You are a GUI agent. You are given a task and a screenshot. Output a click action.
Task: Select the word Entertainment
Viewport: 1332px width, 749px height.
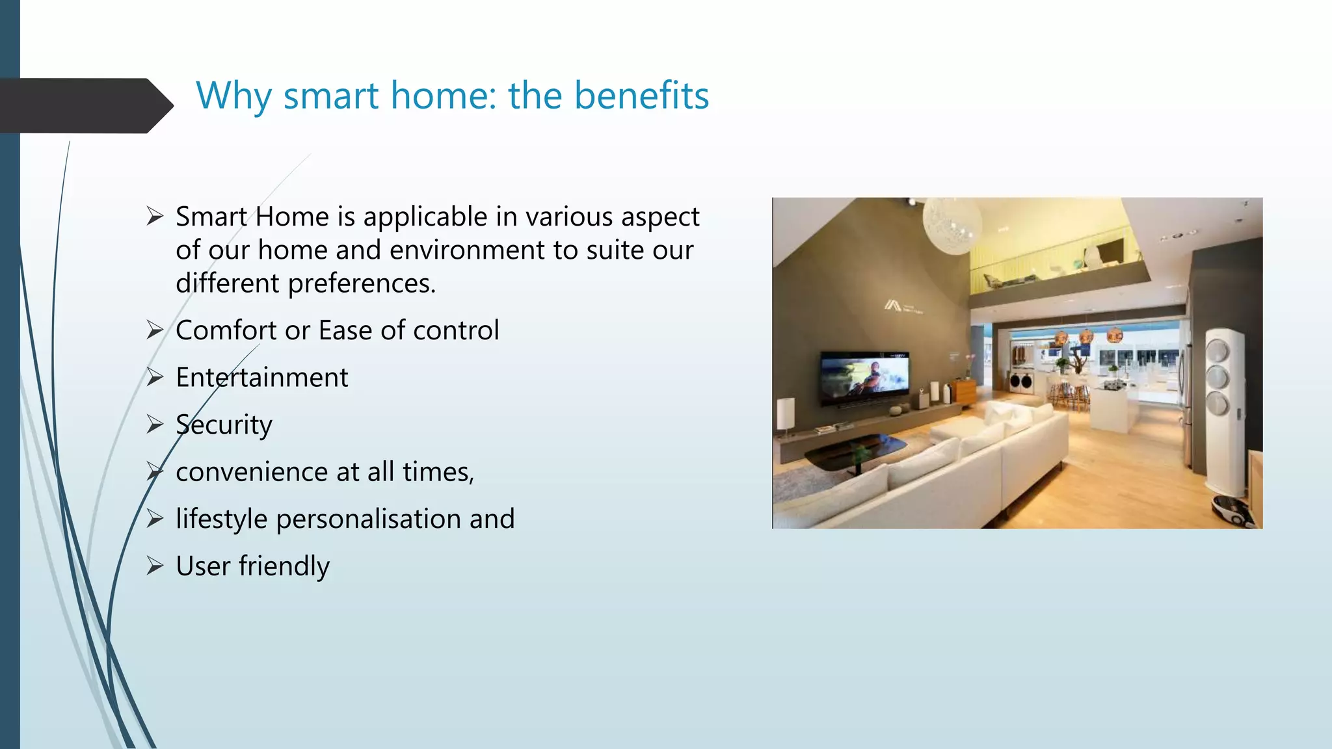tap(261, 378)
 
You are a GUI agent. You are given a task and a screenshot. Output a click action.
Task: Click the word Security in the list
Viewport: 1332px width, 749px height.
tap(224, 425)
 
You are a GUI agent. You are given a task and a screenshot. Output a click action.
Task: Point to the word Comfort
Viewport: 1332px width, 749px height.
tap(226, 330)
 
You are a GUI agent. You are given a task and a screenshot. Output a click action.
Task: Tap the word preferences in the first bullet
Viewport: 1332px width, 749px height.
tap(361, 283)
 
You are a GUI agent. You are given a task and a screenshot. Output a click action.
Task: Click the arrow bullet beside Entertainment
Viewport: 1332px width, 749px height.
tap(155, 377)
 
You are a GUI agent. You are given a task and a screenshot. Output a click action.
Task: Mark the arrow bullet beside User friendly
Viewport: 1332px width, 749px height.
tap(155, 566)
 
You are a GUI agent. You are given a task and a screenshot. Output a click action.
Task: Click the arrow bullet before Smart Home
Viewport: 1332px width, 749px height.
tap(155, 216)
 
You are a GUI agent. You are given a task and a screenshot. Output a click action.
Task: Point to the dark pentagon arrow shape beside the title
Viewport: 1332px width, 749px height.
tap(85, 106)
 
